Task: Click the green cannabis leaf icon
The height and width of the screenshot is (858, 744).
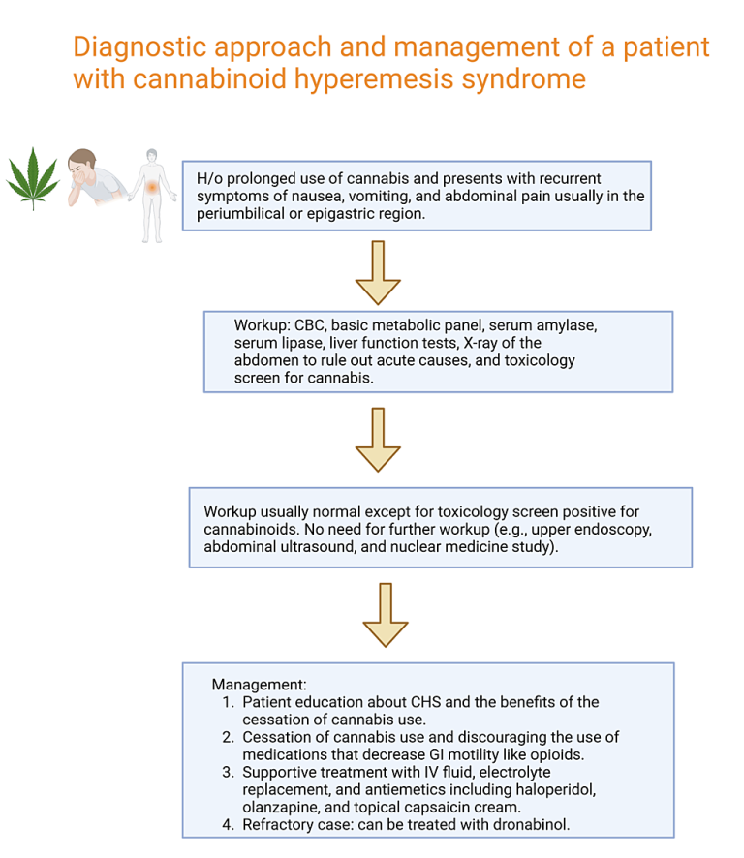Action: [x=33, y=178]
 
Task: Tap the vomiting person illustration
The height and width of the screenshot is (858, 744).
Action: [x=98, y=178]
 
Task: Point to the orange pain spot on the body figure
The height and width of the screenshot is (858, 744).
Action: [x=152, y=188]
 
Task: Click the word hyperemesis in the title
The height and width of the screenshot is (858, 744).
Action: [x=375, y=78]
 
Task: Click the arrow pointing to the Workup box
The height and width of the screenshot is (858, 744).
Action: [x=378, y=272]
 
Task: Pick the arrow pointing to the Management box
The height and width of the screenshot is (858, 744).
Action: [x=386, y=615]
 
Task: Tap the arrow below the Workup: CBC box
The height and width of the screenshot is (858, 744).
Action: [x=378, y=440]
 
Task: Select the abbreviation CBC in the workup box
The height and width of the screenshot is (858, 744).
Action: [x=310, y=325]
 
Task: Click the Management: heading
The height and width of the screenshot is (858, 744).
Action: [x=259, y=685]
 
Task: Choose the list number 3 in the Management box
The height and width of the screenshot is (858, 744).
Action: [x=228, y=772]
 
